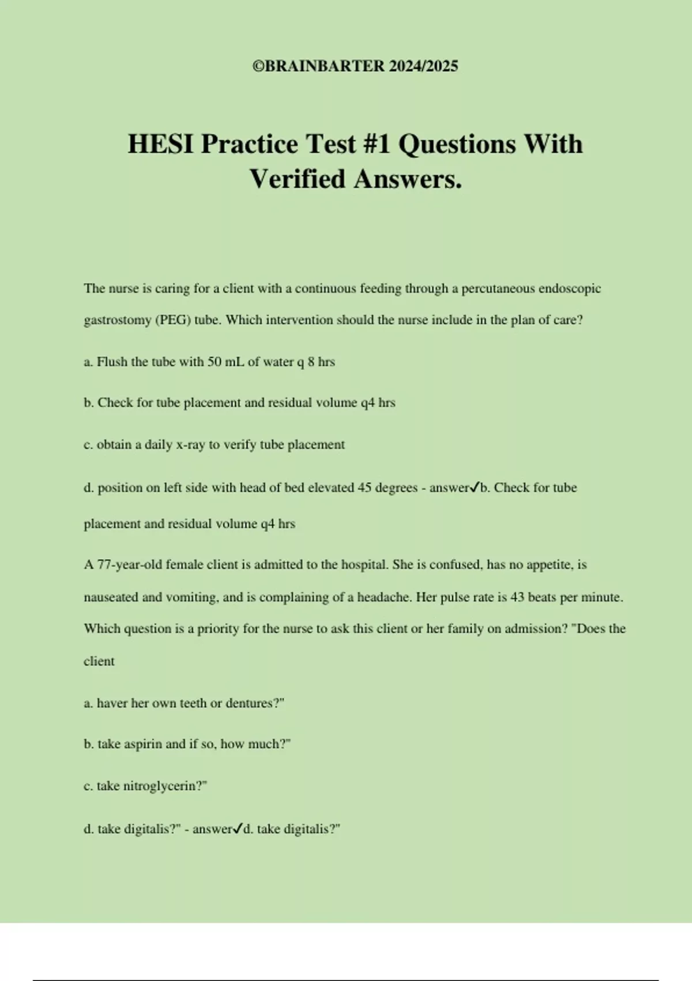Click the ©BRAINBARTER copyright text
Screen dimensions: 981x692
318,66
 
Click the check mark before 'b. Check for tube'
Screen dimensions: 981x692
475,488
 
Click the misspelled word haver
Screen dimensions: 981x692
112,703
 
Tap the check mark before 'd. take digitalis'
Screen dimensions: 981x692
238,829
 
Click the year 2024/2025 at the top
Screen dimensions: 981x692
423,66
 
